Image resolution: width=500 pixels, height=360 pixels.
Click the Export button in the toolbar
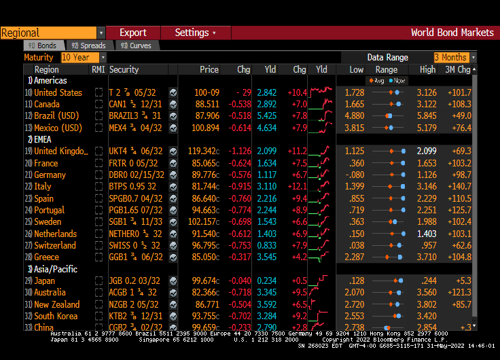click(133, 33)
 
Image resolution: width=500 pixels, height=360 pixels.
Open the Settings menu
click(194, 33)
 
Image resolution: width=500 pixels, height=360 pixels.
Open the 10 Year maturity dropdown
click(84, 58)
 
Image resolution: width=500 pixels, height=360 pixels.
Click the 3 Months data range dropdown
click(454, 58)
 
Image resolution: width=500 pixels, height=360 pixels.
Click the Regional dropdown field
click(52, 33)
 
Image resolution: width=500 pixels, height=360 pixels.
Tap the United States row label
click(58, 92)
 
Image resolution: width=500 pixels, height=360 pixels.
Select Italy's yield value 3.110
click(267, 186)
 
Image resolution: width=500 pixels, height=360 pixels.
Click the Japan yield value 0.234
click(267, 281)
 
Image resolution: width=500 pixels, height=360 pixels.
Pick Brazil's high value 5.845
click(427, 115)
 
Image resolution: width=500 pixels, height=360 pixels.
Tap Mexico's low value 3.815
click(354, 128)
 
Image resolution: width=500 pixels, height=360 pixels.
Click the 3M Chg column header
click(457, 69)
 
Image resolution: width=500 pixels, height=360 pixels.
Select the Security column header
click(124, 69)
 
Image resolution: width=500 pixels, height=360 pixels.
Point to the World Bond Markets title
click(452, 33)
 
